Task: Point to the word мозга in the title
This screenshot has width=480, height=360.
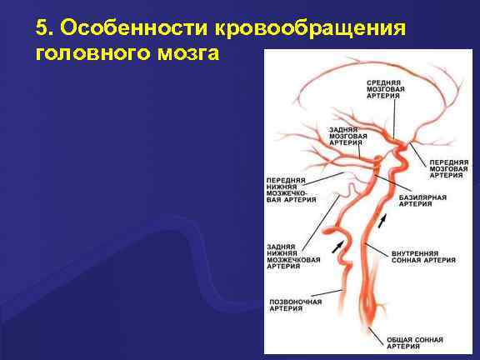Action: point(190,53)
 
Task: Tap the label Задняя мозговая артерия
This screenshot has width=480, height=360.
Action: point(345,136)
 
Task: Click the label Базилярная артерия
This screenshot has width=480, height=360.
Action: point(422,201)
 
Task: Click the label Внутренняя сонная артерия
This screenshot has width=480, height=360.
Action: point(423,256)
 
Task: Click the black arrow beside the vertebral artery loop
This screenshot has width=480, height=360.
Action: point(337,246)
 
